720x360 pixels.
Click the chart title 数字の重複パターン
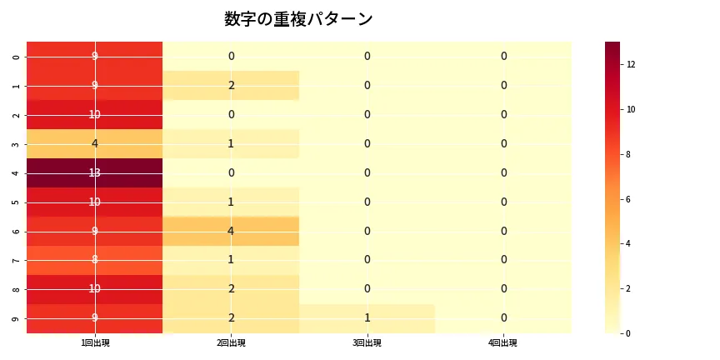coord(298,19)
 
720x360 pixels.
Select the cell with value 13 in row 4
coord(95,172)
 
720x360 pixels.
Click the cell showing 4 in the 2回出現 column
coord(231,231)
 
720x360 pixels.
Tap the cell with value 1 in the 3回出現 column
coord(367,318)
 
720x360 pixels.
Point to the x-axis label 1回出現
coord(95,343)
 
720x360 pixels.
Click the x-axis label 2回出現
coord(231,343)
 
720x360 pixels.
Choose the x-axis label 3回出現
coord(367,343)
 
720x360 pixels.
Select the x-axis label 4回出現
coord(503,343)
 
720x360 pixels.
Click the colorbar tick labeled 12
coord(632,64)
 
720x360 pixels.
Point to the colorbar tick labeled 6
coord(631,199)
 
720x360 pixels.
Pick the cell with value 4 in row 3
coord(95,143)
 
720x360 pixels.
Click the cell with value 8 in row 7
coord(95,260)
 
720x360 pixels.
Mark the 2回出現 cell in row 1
coord(231,85)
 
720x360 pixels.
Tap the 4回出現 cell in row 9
coord(503,318)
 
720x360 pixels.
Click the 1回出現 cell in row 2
coord(95,114)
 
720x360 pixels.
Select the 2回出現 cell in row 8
coord(231,289)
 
